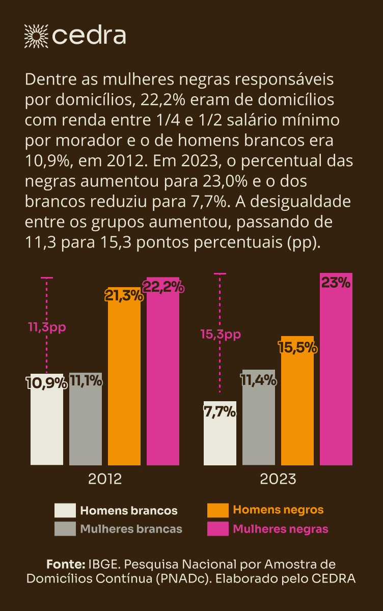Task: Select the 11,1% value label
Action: point(86,380)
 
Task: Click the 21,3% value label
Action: point(124,295)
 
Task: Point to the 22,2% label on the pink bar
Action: point(163,287)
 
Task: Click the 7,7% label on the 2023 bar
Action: point(220,411)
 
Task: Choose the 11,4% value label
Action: point(259,380)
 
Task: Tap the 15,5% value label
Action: point(298,348)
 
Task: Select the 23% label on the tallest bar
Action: point(336,283)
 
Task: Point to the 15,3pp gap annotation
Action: point(221,335)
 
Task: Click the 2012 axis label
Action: point(105,479)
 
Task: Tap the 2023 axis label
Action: point(278,479)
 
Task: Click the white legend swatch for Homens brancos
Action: point(65,510)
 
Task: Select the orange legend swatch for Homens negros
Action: point(217,510)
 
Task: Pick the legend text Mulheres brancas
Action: point(131,529)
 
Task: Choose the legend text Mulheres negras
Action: point(281,529)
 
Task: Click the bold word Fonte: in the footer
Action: point(65,564)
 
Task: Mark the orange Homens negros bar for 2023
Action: point(297,407)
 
